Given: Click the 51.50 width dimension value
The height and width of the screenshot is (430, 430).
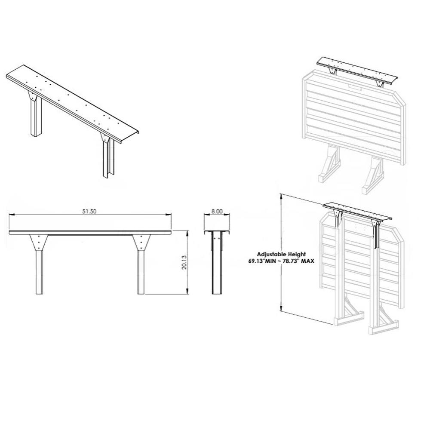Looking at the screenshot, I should click(89, 211).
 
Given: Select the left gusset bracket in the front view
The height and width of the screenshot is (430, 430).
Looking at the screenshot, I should click(39, 243).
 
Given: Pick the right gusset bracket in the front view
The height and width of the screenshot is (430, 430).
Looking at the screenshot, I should click(141, 243).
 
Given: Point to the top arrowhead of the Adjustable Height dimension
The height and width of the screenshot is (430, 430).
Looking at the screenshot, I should click(281, 196).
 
